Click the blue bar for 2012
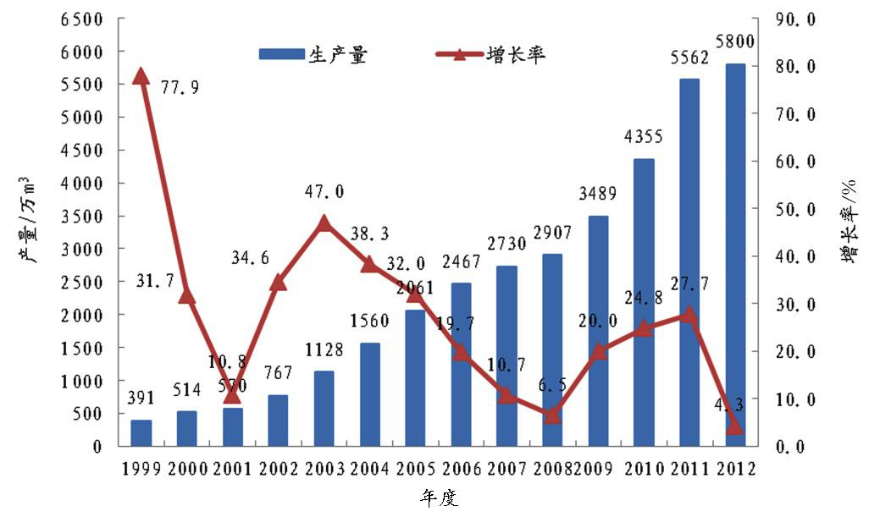[x=735, y=254]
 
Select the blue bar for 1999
[x=141, y=432]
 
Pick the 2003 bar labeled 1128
[x=324, y=408]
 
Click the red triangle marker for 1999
[x=141, y=77]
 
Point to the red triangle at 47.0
[x=324, y=223]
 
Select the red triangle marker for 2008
[x=552, y=415]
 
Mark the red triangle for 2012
[x=735, y=426]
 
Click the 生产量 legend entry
[x=313, y=55]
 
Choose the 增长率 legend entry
[x=491, y=55]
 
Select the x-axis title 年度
[x=439, y=498]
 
